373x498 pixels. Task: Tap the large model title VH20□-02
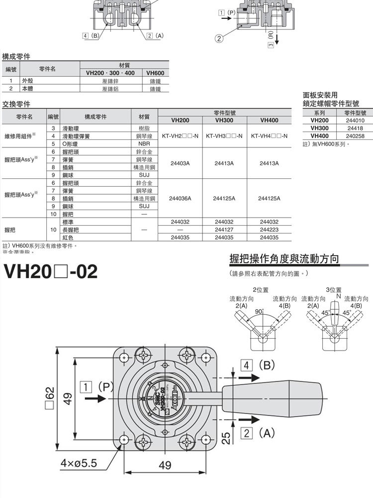click(x=51, y=271)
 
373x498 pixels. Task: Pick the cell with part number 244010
click(x=355, y=121)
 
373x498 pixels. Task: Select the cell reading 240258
click(x=355, y=136)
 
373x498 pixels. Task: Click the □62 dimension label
click(x=49, y=399)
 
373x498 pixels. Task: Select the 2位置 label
click(x=261, y=290)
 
